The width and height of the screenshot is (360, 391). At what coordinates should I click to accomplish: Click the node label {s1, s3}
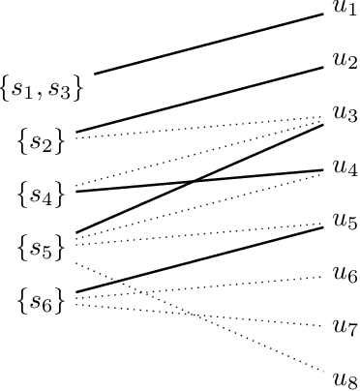click(x=41, y=89)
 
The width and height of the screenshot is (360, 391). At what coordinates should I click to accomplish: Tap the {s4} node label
click(x=41, y=194)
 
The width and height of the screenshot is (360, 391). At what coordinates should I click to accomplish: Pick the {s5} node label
click(x=41, y=247)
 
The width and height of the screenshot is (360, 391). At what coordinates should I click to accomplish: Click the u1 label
click(x=344, y=9)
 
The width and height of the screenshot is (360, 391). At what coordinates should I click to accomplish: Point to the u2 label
click(x=344, y=60)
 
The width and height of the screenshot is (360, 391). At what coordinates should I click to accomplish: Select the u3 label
click(x=344, y=113)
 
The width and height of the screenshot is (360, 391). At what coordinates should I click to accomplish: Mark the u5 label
click(x=344, y=220)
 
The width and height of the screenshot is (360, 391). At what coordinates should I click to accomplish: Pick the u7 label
click(x=344, y=325)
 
